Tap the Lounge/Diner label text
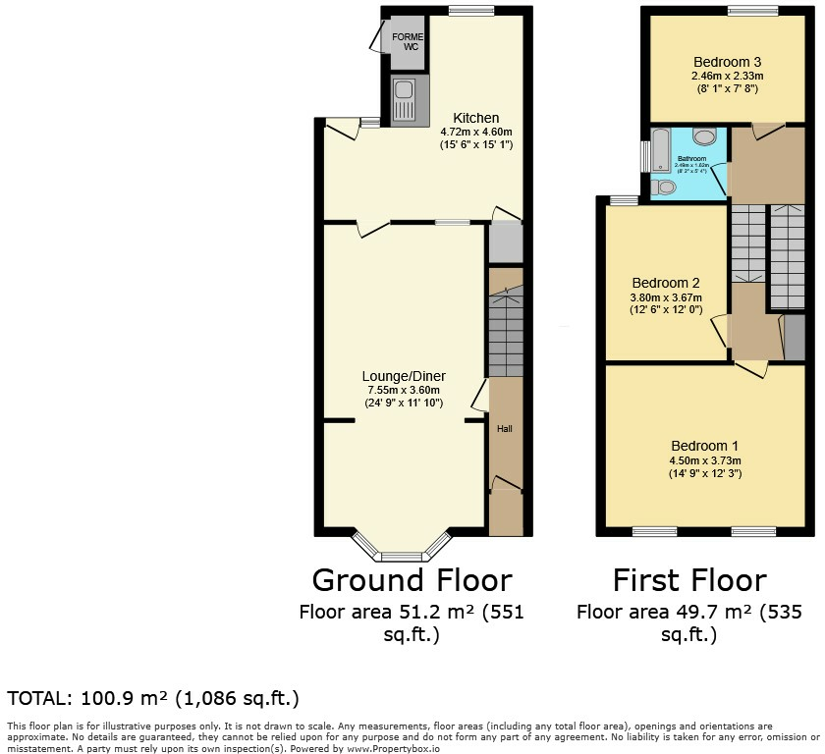click(404, 376)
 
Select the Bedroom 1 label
click(701, 446)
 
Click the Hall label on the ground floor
click(504, 428)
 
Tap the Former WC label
click(407, 42)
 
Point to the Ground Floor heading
click(412, 580)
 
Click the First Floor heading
click(688, 580)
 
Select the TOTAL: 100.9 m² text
click(153, 699)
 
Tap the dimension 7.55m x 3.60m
click(404, 390)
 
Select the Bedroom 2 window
click(623, 201)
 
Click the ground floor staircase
click(505, 332)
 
